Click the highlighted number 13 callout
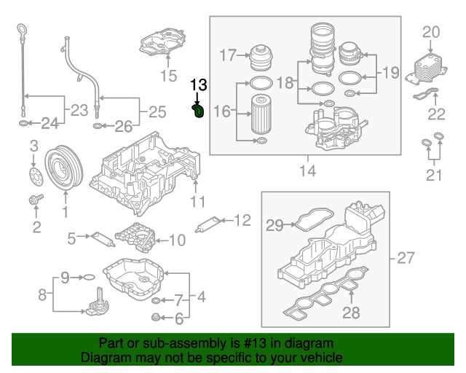pos(198,86)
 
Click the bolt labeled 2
pos(34,199)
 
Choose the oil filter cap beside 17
pos(261,55)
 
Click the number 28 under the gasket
pos(351,313)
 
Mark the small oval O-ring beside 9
pos(86,278)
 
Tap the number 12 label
pos(242,219)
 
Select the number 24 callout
pos(49,124)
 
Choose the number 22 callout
pos(436,114)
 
